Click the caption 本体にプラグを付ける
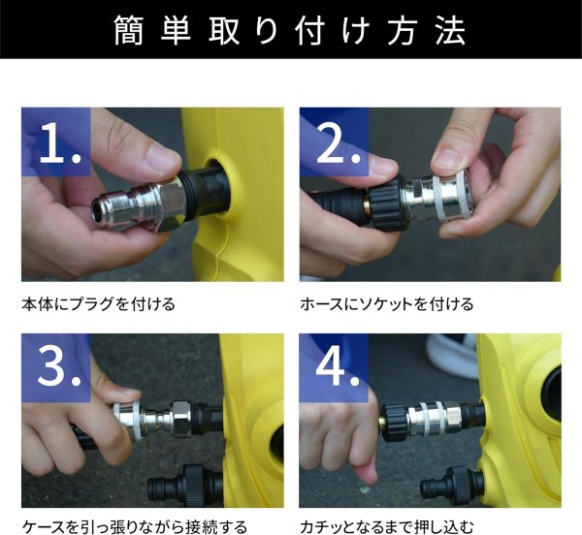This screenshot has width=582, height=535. pos(98,304)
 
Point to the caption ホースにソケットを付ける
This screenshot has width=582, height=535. pos(386,304)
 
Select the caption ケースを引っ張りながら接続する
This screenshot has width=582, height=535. pos(134,527)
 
